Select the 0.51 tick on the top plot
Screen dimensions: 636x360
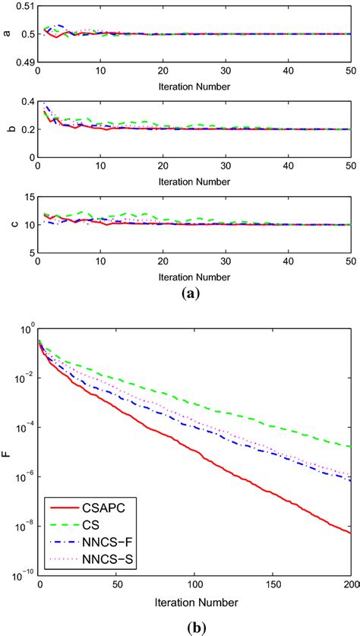pyautogui.click(x=24, y=6)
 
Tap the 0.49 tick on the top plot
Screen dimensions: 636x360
pyautogui.click(x=24, y=62)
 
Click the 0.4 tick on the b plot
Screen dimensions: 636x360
pyautogui.click(x=26, y=102)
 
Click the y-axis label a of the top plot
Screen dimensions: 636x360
pyautogui.click(x=7, y=34)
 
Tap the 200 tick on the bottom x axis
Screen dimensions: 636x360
pyautogui.click(x=349, y=584)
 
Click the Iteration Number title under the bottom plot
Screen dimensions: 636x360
pyautogui.click(x=195, y=601)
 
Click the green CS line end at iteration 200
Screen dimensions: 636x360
pyautogui.click(x=351, y=447)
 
